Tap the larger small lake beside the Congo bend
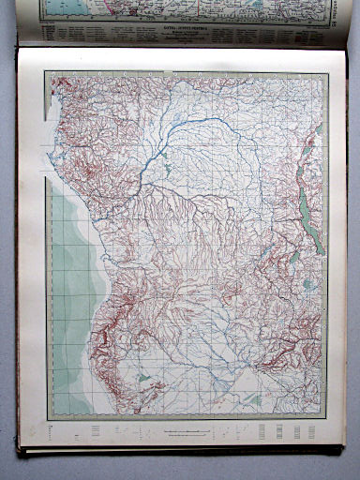(x=167, y=169)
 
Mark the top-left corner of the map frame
(x=48, y=72)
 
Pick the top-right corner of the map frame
(x=327, y=73)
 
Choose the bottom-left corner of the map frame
(x=48, y=419)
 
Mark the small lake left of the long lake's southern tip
(x=293, y=255)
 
